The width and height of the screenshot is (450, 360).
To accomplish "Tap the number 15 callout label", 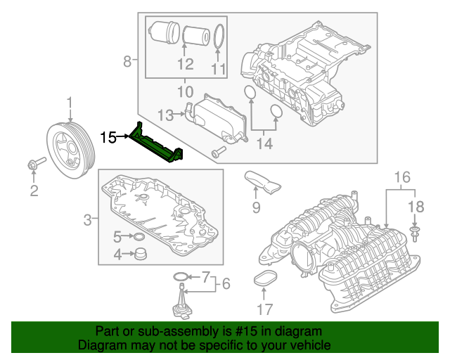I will coord(108,137).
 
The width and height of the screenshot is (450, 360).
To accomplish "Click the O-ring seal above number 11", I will coord(219,39).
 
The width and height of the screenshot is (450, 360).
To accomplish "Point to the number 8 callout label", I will coord(127,62).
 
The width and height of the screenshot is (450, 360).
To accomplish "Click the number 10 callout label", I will coord(184,91).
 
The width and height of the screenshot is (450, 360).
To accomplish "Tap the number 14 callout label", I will coord(263,145).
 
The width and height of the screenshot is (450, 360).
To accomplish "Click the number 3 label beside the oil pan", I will coord(87,221).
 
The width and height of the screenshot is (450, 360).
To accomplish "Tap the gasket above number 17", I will coord(265,279).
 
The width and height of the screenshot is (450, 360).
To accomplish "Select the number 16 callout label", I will coord(400,175).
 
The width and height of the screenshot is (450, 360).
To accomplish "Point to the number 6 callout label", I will coord(225,284).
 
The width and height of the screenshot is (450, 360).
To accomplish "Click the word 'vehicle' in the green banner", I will coord(307,346).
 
